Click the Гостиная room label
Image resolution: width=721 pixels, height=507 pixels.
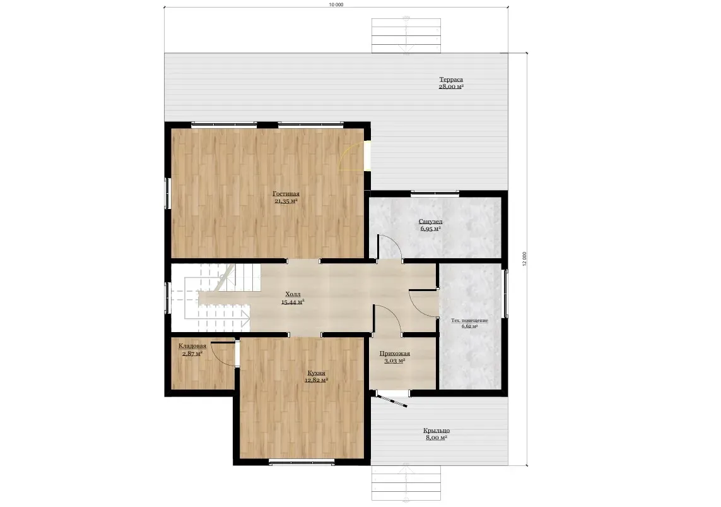pos(286,194)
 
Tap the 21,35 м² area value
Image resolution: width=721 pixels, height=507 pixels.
pos(286,201)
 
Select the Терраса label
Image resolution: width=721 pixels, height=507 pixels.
pos(451,79)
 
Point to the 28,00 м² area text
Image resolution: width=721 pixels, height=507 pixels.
pos(451,86)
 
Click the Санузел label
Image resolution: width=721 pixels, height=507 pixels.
pos(431,221)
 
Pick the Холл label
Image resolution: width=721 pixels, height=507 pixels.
pos(293,294)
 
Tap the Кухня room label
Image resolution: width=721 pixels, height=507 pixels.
pos(317,373)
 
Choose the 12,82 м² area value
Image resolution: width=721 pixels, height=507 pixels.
pos(317,381)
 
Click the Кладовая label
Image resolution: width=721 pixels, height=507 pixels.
pos(192,346)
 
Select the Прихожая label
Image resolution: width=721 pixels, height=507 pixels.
pos(394,354)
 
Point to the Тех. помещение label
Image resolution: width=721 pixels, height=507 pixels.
pos(469,320)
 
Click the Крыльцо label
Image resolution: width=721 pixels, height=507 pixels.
pos(437,431)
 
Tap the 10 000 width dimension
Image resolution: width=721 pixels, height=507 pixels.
pos(336,4)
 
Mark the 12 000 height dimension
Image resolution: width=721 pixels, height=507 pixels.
pos(524,259)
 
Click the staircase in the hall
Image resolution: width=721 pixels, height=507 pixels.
pos(216,298)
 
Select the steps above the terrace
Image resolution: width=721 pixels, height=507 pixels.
pos(406,36)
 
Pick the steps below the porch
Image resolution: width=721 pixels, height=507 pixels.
pos(406,483)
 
